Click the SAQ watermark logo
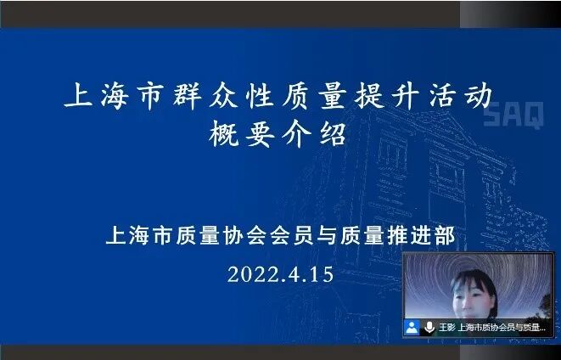513,117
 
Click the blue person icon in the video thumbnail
412,327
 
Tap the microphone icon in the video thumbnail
429,327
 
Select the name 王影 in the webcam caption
446,327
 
